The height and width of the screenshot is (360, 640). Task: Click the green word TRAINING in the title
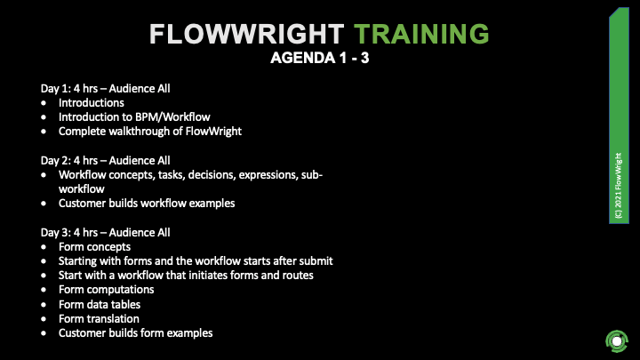pos(420,34)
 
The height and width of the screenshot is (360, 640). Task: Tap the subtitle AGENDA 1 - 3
pos(320,60)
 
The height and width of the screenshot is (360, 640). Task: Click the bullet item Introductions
pos(92,102)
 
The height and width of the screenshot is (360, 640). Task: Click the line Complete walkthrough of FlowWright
pos(150,132)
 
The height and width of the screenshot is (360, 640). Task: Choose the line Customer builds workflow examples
pos(147,203)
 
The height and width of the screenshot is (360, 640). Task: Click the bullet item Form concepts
pos(94,247)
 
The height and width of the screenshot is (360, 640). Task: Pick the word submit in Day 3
pos(316,261)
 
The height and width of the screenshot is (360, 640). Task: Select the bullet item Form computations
pos(107,290)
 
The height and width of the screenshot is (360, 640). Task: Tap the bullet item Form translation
pos(99,318)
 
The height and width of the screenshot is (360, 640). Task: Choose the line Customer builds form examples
pos(136,333)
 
